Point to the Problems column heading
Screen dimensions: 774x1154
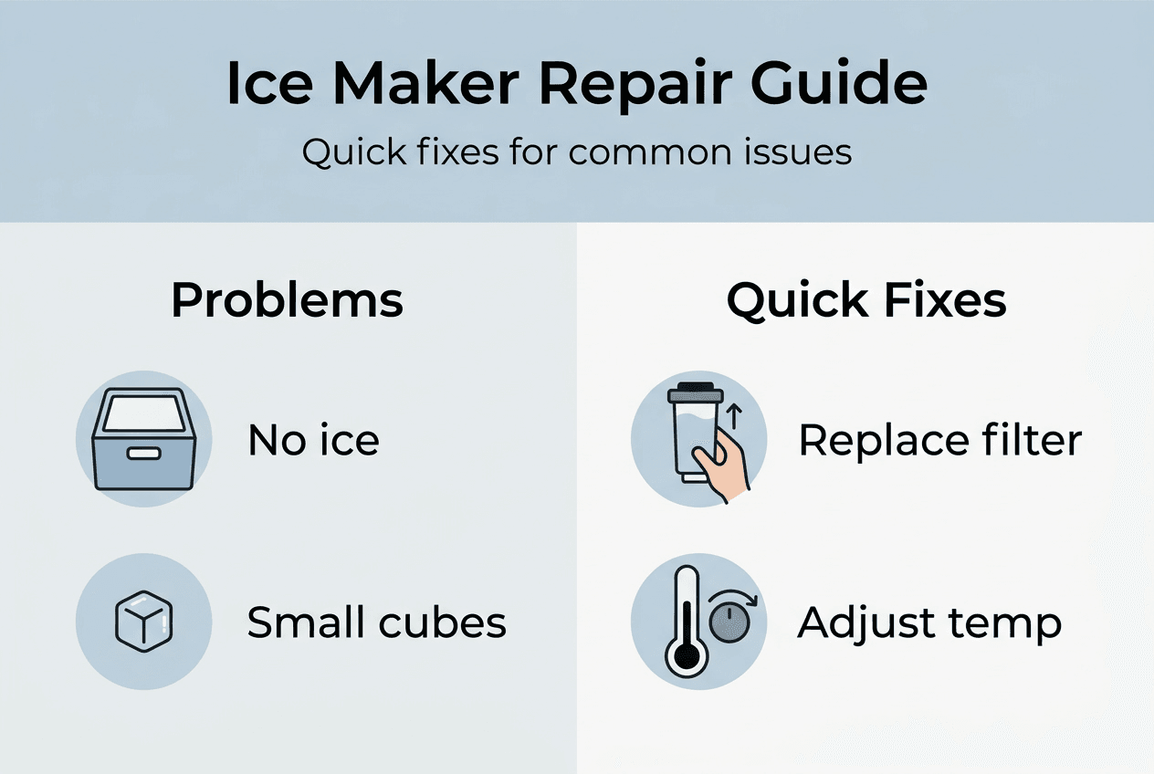coord(287,300)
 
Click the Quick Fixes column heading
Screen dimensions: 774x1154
coord(866,300)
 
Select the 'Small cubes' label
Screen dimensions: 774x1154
coord(376,622)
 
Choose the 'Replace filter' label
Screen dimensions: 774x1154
coord(939,441)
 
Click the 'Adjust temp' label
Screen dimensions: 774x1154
coord(928,622)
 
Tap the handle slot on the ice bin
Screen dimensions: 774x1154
coord(143,454)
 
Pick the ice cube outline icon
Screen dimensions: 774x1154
coord(143,622)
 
